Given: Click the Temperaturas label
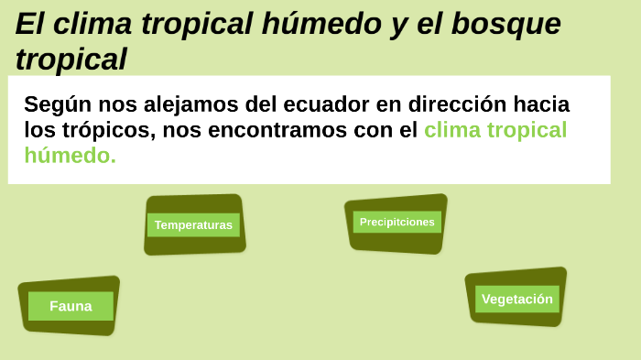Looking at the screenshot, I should point(193,224).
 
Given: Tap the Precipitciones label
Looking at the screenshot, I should point(397,222).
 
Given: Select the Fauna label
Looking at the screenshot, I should point(71,306).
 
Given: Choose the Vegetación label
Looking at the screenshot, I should point(517,299).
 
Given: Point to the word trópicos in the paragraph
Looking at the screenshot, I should point(101,129).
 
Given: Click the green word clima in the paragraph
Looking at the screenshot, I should point(452,129).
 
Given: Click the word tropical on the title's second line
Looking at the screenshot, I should point(71,60).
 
